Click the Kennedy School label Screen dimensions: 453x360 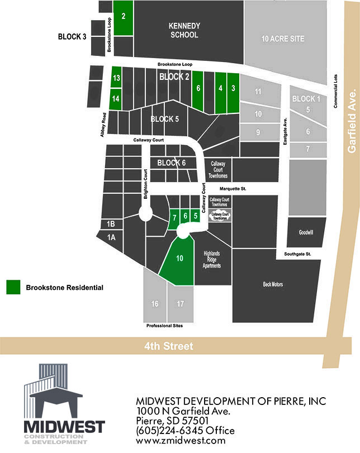click(184, 30)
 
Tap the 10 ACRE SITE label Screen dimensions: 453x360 click(283, 39)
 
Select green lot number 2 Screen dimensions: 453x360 click(123, 17)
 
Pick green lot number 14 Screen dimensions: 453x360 click(116, 98)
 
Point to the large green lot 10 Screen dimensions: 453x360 click(179, 258)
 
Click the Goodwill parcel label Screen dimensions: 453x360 click(306, 232)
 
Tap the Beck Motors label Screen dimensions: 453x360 click(273, 284)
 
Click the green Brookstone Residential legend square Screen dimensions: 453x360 click(13, 287)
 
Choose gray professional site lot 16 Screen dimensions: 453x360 click(155, 304)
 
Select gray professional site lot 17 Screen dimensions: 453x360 click(180, 304)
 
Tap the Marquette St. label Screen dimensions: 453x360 click(233, 189)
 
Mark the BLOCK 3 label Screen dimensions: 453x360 click(72, 37)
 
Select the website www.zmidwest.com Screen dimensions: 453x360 click(181, 440)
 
